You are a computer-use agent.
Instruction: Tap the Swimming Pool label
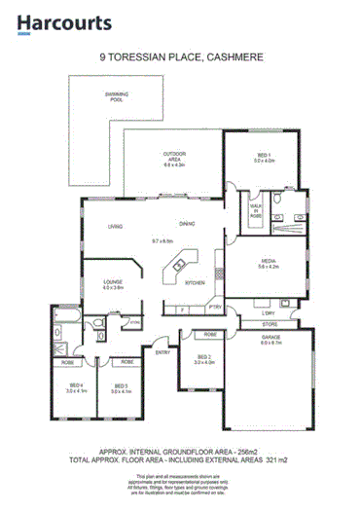pyautogui.click(x=117, y=96)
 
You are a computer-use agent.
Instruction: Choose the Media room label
pyautogui.click(x=269, y=261)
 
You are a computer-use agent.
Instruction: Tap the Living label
pyautogui.click(x=115, y=227)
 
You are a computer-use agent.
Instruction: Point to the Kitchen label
pyautogui.click(x=195, y=283)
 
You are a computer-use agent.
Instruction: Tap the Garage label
pyautogui.click(x=270, y=339)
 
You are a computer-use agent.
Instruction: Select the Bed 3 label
pyautogui.click(x=122, y=387)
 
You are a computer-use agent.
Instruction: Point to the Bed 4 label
pyautogui.click(x=76, y=387)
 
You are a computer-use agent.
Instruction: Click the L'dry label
pyautogui.click(x=269, y=313)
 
